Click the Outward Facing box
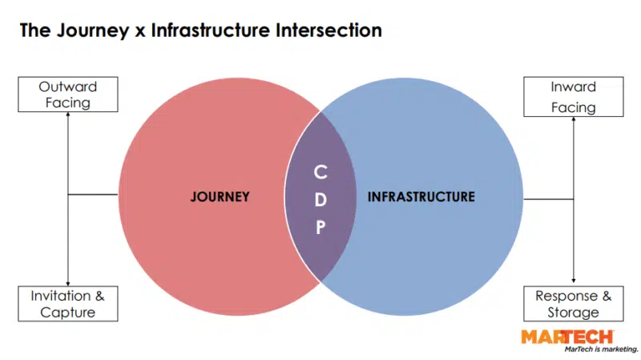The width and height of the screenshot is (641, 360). pyautogui.click(x=68, y=94)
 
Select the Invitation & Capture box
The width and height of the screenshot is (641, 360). pyautogui.click(x=68, y=304)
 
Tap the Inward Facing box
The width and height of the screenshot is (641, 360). pyautogui.click(x=573, y=96)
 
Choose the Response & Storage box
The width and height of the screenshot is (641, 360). pyautogui.click(x=573, y=304)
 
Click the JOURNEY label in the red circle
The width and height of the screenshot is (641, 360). pyautogui.click(x=220, y=196)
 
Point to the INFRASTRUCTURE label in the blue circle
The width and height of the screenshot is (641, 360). pyautogui.click(x=421, y=196)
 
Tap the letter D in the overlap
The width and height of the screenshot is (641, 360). pyautogui.click(x=320, y=200)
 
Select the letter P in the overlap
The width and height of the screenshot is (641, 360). pyautogui.click(x=320, y=228)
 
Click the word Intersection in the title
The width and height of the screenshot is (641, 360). pyautogui.click(x=327, y=31)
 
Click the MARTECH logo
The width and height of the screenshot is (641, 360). pyautogui.click(x=566, y=337)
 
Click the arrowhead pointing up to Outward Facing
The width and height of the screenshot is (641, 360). pyautogui.click(x=68, y=115)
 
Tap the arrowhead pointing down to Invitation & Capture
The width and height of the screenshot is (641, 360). pyautogui.click(x=68, y=281)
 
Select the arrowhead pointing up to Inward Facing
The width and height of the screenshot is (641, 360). pyautogui.click(x=573, y=119)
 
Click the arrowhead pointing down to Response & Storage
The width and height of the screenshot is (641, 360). pyautogui.click(x=573, y=281)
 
